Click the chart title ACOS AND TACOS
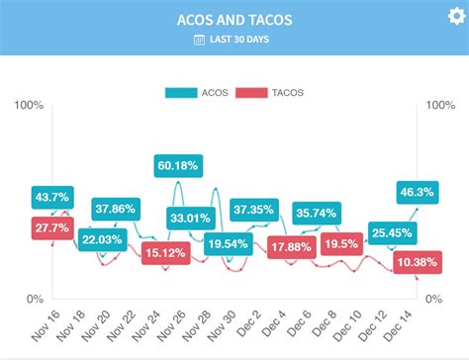pos(234,20)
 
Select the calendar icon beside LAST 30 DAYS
pos(199,40)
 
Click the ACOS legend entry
pos(207,93)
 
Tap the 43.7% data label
pos(51,198)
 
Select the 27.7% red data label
pos(51,227)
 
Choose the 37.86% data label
pos(117,209)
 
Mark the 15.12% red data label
pos(163,253)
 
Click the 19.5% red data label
pos(341,244)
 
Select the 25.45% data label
pos(392,233)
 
